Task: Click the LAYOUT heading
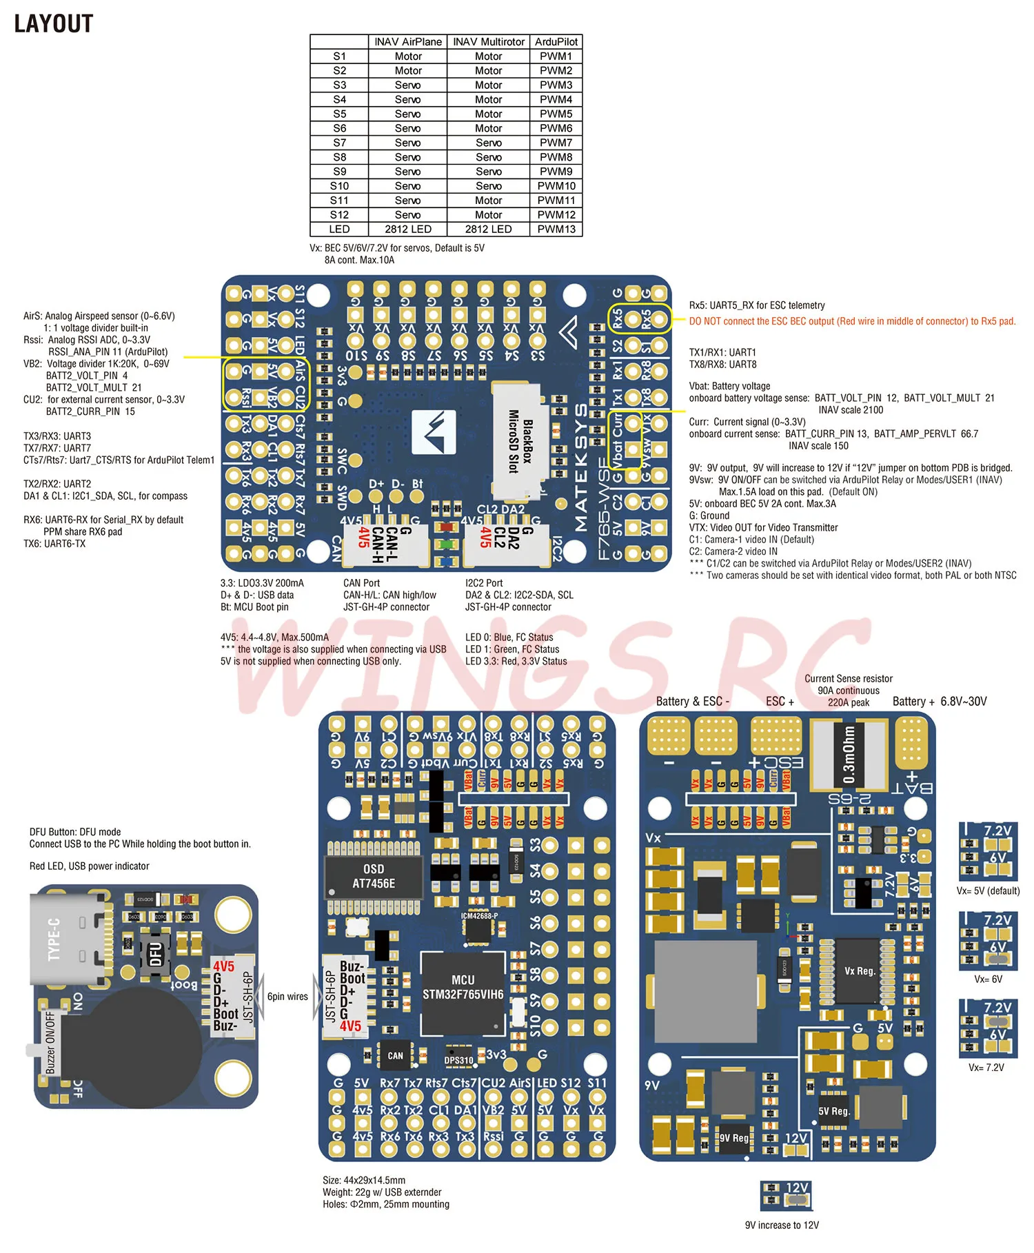54,23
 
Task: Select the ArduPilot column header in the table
556,42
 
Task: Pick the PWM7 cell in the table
556,143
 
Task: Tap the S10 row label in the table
339,186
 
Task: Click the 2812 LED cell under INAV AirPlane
408,230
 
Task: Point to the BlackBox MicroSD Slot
520,441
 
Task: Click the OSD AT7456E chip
374,876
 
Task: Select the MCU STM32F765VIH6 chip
463,988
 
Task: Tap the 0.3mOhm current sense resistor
849,755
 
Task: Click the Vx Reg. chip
860,970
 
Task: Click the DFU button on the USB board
156,955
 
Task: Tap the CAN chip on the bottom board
395,1055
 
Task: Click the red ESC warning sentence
852,321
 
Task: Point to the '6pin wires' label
287,997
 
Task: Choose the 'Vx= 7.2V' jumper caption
986,1068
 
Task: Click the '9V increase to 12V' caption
782,1225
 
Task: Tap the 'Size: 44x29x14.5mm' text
364,1180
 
